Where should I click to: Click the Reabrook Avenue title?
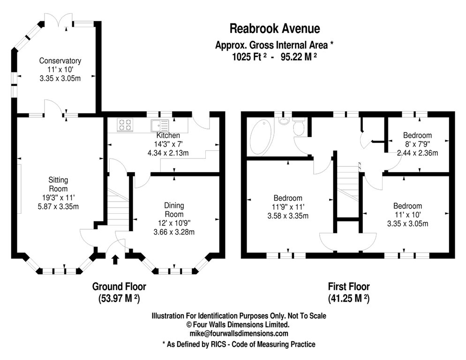pyautogui.click(x=275, y=29)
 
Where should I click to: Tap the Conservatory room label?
pyautogui.click(x=60, y=61)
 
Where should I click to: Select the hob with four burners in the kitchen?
pyautogui.click(x=125, y=124)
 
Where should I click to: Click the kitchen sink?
pyautogui.click(x=159, y=125)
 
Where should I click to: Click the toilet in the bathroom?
pyautogui.click(x=298, y=127)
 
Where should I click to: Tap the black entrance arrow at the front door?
pyautogui.click(x=115, y=259)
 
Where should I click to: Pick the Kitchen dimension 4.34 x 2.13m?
pyautogui.click(x=168, y=152)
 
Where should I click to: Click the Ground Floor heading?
pyautogui.click(x=119, y=287)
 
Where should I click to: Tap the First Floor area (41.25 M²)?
pyautogui.click(x=348, y=298)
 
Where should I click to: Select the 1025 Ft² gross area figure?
pyautogui.click(x=249, y=57)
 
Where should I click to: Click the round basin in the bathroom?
pyautogui.click(x=284, y=121)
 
